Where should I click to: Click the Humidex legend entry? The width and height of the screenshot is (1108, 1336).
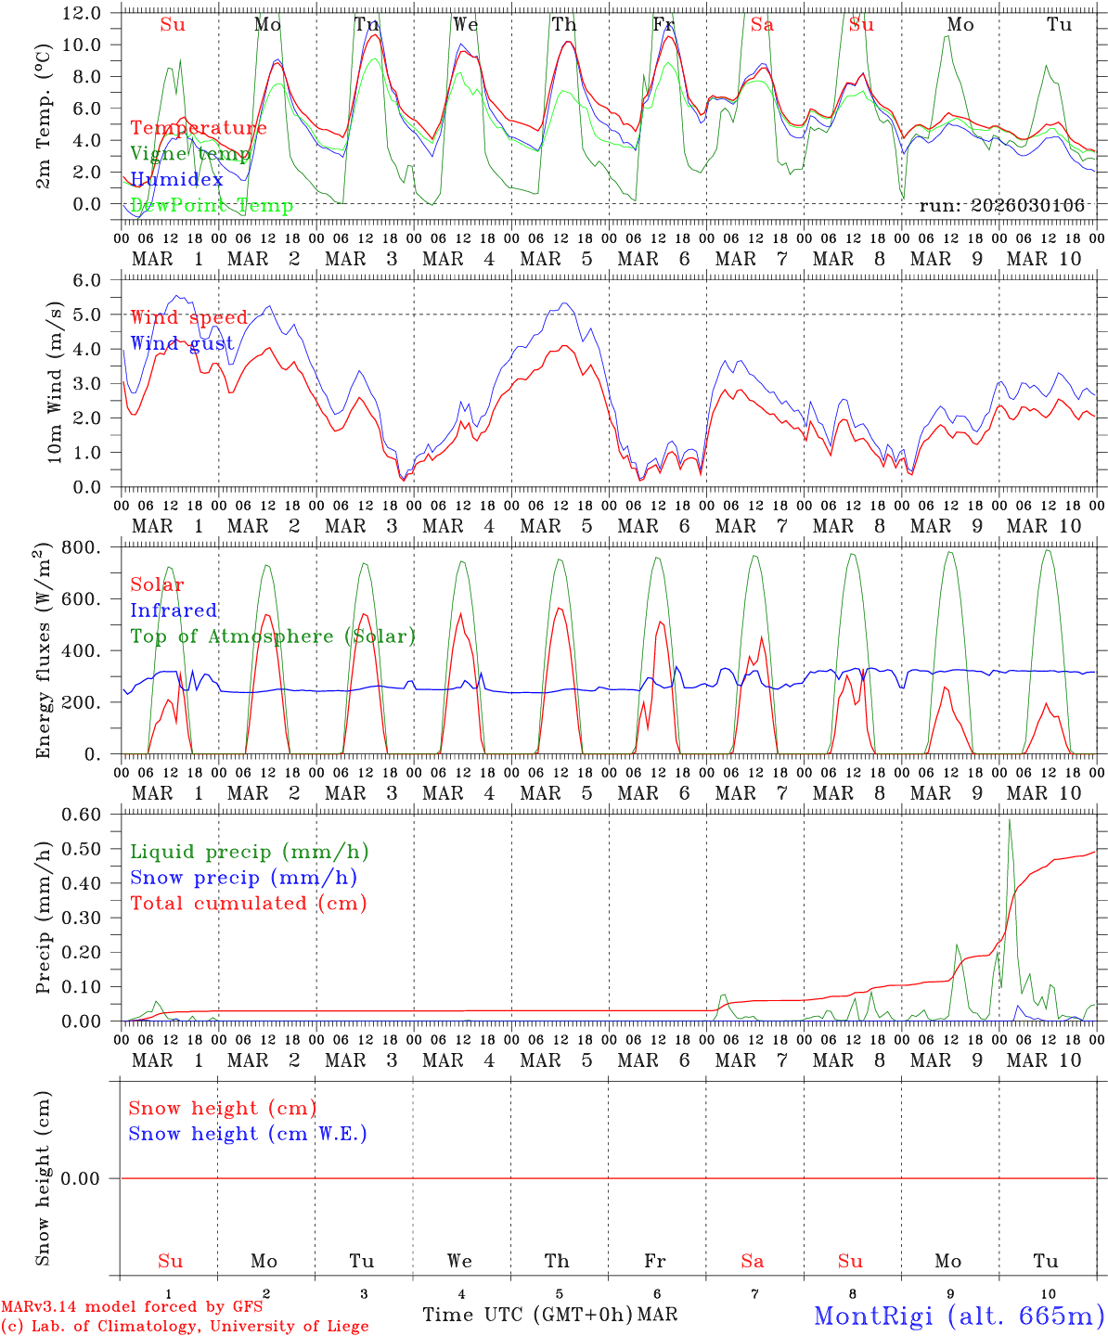pos(177,180)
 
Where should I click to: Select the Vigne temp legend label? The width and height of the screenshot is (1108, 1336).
pos(189,154)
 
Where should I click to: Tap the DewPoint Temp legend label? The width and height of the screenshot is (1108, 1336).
pos(212,206)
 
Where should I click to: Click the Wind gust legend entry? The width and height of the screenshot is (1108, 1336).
pos(182,344)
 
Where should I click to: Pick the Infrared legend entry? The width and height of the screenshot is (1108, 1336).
pos(174,610)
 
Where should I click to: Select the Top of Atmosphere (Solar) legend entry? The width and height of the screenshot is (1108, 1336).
pos(273,636)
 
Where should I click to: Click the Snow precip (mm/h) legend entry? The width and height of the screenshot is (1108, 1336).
pos(243,878)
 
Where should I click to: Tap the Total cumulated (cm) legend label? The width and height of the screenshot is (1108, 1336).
pos(249,904)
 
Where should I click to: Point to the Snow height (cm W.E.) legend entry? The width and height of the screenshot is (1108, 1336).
pos(248,1134)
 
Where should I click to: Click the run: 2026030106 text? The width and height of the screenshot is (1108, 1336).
pos(1001,206)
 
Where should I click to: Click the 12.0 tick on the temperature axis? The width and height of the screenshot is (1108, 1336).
pos(81,13)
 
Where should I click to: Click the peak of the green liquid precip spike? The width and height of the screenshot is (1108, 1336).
pos(1010,820)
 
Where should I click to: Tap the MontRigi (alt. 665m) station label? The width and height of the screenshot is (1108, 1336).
pos(959,1315)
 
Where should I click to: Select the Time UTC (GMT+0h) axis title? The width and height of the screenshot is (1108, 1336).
pos(527,1315)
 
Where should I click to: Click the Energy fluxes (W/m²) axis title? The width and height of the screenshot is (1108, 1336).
pos(44,651)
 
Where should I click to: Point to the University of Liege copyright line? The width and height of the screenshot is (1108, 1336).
pos(185,1326)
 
